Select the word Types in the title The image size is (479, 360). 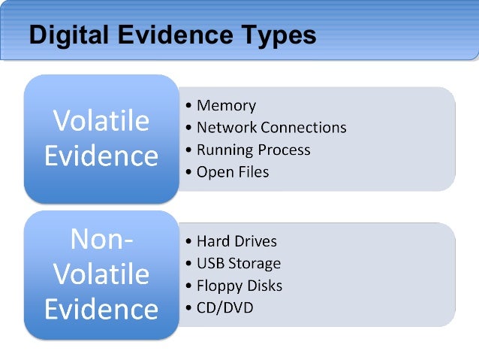[278, 36]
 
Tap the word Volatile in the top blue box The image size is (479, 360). [101, 121]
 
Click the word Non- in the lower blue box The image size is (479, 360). [101, 238]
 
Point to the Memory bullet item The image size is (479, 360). [226, 106]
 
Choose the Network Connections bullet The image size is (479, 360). [271, 128]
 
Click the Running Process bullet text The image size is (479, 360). [253, 150]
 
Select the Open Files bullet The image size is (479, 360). [232, 172]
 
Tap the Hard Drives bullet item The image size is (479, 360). [236, 241]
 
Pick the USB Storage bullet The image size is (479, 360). [238, 263]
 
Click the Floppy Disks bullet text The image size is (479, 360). [239, 286]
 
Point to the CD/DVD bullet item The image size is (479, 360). [224, 307]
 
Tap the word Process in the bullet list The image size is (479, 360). [283, 150]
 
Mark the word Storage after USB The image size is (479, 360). [255, 263]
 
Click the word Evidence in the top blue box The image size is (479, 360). [101, 156]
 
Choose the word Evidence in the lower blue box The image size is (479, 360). [101, 308]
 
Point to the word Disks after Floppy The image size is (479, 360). [264, 286]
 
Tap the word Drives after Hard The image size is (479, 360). [255, 241]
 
